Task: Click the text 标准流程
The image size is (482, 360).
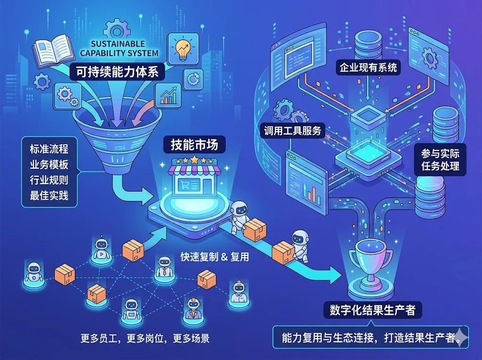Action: coord(49,149)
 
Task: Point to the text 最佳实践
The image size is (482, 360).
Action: coord(49,194)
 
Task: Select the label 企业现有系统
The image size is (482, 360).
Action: coord(368,68)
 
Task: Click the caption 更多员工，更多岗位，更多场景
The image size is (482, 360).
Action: coord(145,338)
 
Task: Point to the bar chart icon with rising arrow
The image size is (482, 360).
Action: coord(170,95)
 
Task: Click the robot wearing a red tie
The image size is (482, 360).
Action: coord(163,267)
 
